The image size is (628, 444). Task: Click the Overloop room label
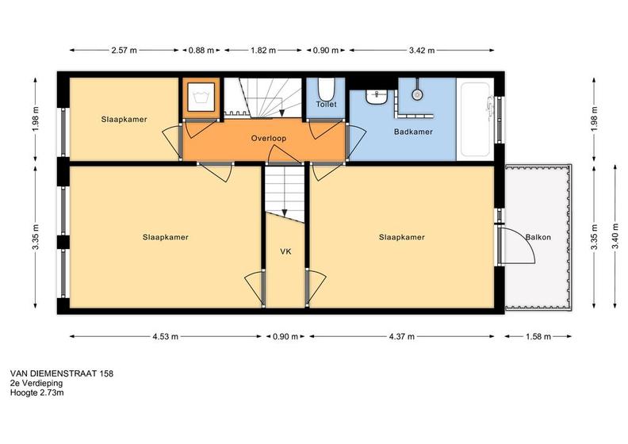coord(268,138)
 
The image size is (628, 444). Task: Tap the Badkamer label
coord(413,132)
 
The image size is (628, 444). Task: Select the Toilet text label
coord(326,104)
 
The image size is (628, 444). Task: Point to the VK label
coord(285,251)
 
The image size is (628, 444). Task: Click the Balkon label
coord(538,237)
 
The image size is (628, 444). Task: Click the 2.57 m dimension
coord(124,51)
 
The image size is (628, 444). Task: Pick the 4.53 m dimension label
coord(165,336)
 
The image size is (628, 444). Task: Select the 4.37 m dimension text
coord(401,336)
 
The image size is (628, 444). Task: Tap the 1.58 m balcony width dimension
coord(538,336)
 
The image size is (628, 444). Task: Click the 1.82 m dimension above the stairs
coord(262,51)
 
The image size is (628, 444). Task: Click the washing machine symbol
coord(201,97)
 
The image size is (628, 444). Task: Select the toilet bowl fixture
coord(325,89)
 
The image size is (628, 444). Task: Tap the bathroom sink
coord(376,98)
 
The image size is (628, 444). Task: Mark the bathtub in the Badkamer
coord(475,119)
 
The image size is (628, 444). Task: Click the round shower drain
coord(417,94)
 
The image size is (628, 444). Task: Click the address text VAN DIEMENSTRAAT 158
coord(62,373)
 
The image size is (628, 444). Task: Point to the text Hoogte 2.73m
coord(36,392)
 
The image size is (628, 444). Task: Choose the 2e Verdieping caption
coord(36,383)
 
